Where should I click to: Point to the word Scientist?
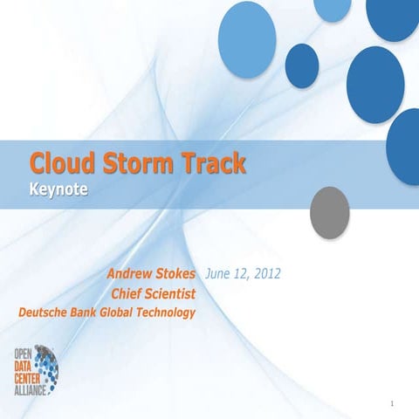pyautogui.click(x=172, y=294)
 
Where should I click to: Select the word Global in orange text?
pyautogui.click(x=122, y=312)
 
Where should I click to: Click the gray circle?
pyautogui.click(x=330, y=208)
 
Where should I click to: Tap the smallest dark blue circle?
pyautogui.click(x=302, y=66)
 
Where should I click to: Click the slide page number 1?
pyautogui.click(x=394, y=403)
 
